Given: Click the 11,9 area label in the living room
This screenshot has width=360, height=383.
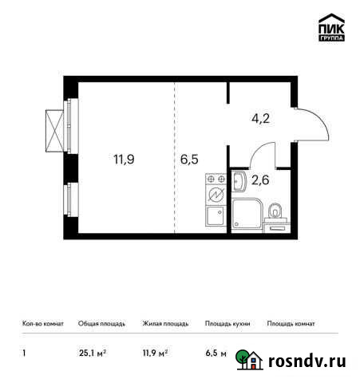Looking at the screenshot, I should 123,158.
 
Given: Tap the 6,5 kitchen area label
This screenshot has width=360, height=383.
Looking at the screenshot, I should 190,158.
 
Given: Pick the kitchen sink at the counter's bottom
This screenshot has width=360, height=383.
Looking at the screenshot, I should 215,219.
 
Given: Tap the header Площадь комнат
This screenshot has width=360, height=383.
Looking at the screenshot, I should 291,324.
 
